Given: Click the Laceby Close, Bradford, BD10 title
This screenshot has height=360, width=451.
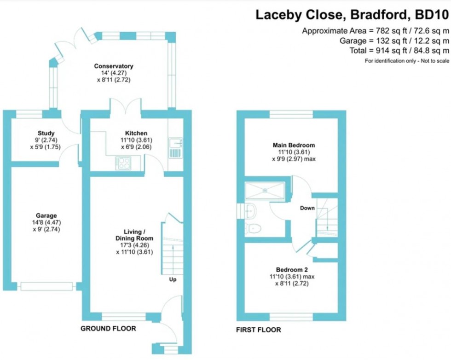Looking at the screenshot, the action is coord(352,15).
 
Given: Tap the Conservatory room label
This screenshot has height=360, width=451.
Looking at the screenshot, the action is coord(114,66).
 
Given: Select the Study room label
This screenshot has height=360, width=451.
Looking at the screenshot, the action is coord(46,133).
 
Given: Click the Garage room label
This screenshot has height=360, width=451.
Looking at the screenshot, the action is coord(46,215).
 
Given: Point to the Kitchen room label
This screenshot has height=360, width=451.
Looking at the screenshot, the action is coord(136,133).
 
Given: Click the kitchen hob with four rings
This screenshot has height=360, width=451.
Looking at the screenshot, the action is coord(123,163).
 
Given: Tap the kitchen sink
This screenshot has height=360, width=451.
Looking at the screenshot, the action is coord(175,148).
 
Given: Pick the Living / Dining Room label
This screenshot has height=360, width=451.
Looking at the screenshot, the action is coord(134,235).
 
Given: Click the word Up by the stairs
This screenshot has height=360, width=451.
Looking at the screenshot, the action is coord(173,279).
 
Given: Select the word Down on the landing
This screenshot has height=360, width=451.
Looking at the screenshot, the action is coord(307,208).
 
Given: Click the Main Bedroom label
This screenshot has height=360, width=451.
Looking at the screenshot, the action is coord(294,145).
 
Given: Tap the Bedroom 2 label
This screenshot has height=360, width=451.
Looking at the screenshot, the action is coord(292,270).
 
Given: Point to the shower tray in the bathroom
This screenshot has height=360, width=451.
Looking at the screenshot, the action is coord(265,190).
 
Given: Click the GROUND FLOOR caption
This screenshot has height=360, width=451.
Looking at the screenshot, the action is coord(108,328).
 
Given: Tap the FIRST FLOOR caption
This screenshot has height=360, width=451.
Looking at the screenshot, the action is coord(258,330).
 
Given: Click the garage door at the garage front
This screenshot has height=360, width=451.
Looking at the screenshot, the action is coord(46,286).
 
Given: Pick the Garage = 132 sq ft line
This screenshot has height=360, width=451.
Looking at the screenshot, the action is coord(394,41).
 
